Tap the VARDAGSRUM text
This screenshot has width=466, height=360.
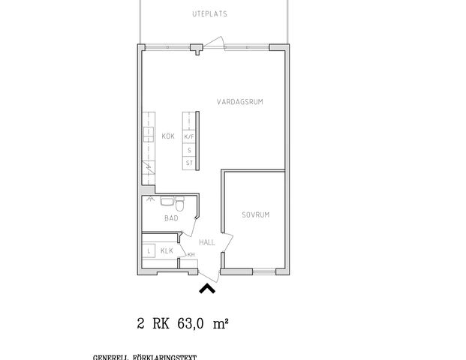[239, 101]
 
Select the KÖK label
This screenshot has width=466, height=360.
[168, 136]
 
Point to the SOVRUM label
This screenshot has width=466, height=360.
[255, 215]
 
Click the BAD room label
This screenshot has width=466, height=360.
[171, 218]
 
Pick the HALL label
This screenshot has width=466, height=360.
[207, 242]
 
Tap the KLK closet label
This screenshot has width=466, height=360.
[167, 250]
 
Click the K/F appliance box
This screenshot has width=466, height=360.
[189, 137]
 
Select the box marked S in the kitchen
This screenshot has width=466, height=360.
[189, 150]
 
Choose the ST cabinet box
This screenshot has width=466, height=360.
[189, 162]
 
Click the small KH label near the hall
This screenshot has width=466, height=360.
[191, 255]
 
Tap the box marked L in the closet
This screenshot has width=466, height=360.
[149, 250]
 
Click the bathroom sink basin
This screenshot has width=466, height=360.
[167, 201]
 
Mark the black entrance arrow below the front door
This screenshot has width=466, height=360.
[207, 287]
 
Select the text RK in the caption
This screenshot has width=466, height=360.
[161, 324]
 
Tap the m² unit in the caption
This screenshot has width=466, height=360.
[221, 324]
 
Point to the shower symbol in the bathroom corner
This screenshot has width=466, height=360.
[150, 200]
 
